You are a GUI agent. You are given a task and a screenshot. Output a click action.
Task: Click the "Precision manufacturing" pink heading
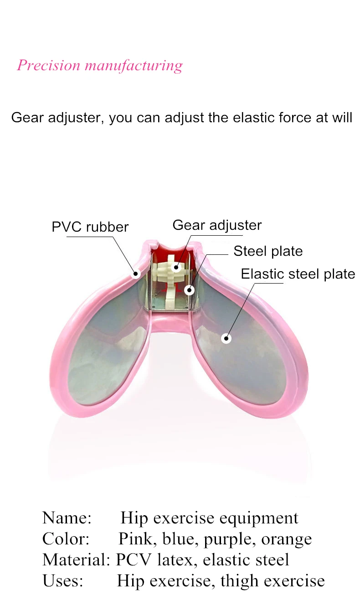coord(100,66)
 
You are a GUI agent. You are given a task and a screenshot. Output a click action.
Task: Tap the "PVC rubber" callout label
coord(90,227)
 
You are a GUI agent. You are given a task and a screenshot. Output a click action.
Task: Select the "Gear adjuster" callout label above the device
coord(217,225)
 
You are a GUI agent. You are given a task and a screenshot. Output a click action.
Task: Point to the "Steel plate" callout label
coord(268,251)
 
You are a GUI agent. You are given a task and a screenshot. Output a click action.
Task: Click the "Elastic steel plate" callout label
coord(298,274)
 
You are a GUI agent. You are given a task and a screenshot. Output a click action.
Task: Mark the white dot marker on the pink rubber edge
coord(136,274)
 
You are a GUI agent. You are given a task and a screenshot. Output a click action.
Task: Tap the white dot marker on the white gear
coord(176,267)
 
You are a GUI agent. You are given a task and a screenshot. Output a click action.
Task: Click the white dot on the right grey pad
coord(226,338)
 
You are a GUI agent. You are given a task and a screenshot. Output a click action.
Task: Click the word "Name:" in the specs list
coord(67,518)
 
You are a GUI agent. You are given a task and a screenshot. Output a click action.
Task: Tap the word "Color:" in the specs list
coord(66,539)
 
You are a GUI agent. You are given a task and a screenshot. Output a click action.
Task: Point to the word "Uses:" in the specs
coord(62,581)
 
